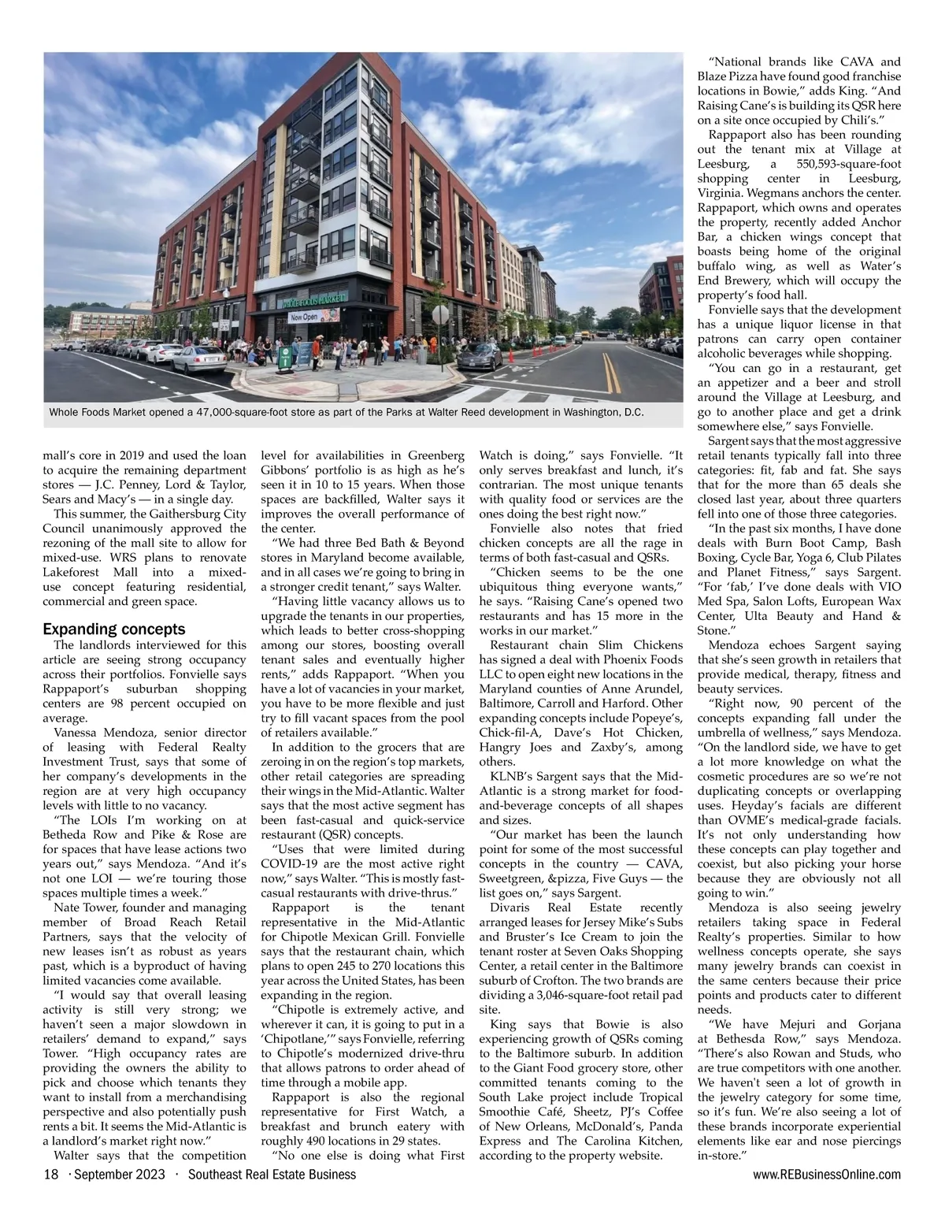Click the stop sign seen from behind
pyautogui.click(x=444, y=313)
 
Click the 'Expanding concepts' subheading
pyautogui.click(x=114, y=629)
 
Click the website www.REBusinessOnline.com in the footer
pyautogui.click(x=827, y=1175)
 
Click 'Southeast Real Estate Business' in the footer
pyautogui.click(x=272, y=1175)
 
